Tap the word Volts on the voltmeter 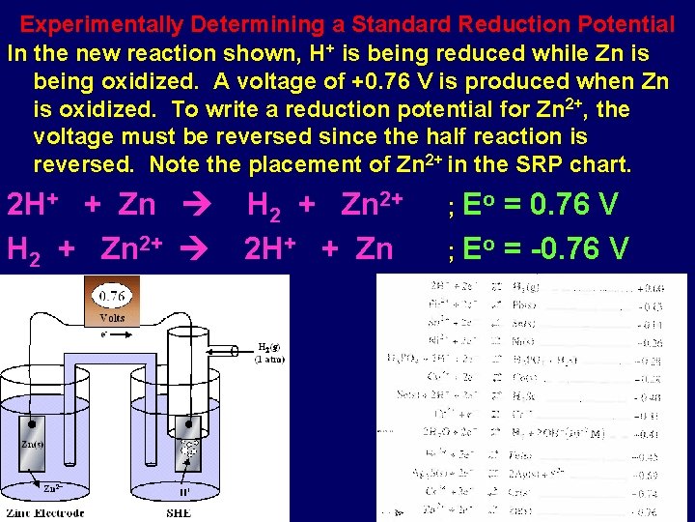[x=112, y=317]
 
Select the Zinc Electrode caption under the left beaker [x=46, y=512]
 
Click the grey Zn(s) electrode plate [x=34, y=454]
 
